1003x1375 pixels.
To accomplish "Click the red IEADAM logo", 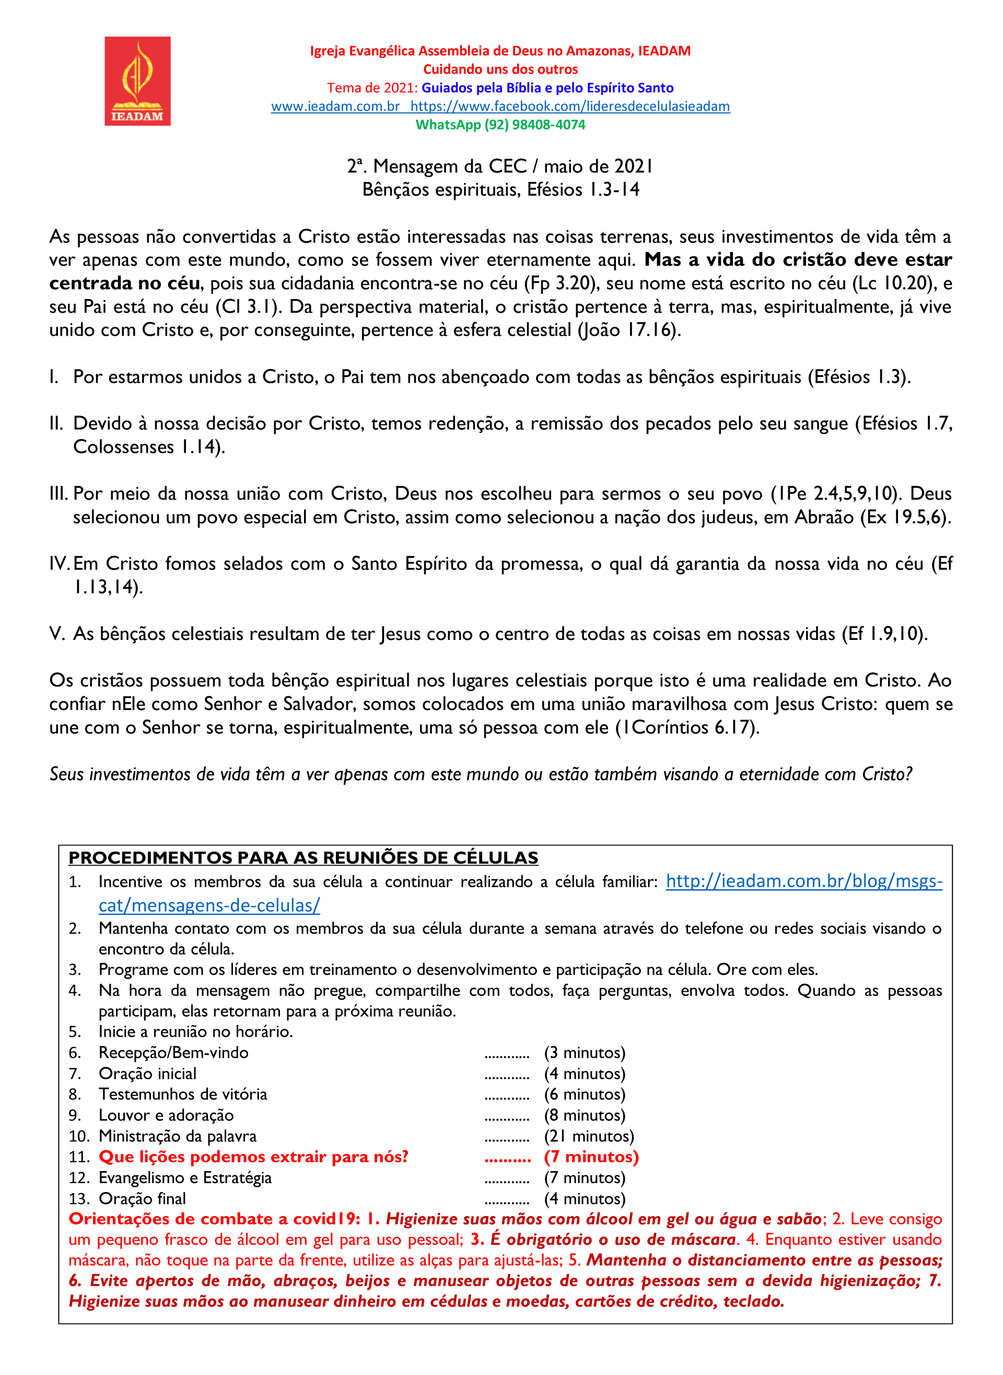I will (137, 81).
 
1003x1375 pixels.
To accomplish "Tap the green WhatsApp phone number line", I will (500, 124).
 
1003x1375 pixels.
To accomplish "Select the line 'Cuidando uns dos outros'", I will (500, 69).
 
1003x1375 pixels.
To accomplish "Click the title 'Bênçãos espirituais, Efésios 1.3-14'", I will (500, 190).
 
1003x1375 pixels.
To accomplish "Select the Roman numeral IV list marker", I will (60, 563).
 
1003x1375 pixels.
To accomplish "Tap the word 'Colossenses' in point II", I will (123, 446).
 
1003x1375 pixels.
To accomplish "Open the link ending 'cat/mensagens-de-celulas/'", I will (209, 906).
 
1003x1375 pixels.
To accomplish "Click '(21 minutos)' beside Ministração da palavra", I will (588, 1136).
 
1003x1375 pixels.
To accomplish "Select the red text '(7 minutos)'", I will (591, 1157).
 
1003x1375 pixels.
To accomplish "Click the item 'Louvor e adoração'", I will (166, 1116).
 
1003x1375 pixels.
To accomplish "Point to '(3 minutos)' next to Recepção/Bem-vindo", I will (584, 1053).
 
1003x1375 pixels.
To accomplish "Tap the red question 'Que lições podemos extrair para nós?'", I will (253, 1157).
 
